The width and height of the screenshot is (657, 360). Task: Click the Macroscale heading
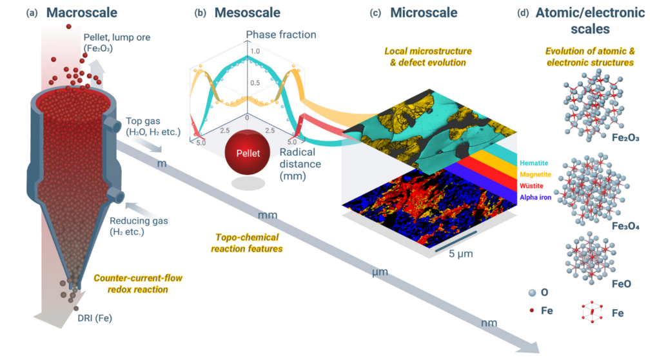tap(83, 12)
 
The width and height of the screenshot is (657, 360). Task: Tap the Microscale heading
tap(423, 12)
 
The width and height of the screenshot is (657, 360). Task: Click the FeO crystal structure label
tap(620, 283)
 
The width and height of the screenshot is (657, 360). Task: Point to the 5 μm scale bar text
tap(460, 254)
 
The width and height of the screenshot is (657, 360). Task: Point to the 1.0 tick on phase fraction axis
tap(256, 52)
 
